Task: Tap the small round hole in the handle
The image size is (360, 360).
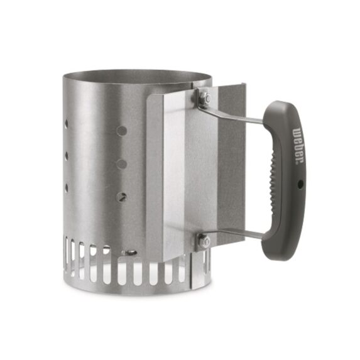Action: click(x=300, y=184)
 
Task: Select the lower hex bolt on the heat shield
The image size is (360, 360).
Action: click(x=204, y=241)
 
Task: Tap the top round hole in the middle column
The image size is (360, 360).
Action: click(x=122, y=131)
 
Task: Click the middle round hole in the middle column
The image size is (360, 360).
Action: click(x=122, y=164)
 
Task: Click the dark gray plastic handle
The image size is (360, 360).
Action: click(x=286, y=207)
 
